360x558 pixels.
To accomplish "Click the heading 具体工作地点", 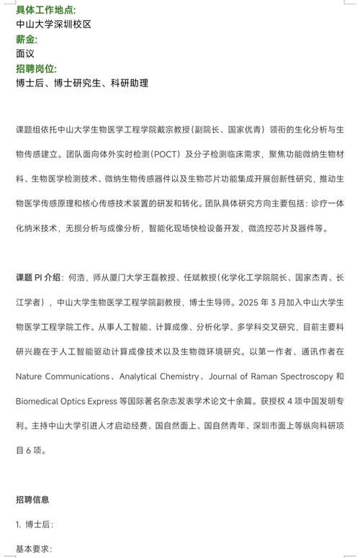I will click(x=45, y=9).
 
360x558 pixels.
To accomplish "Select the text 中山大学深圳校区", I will click(x=53, y=24).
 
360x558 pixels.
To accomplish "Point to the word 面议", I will click(x=25, y=53).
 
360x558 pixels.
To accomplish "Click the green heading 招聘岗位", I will click(x=35, y=68).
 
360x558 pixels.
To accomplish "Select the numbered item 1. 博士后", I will click(x=34, y=524).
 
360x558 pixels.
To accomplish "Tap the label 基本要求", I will click(x=33, y=549).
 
